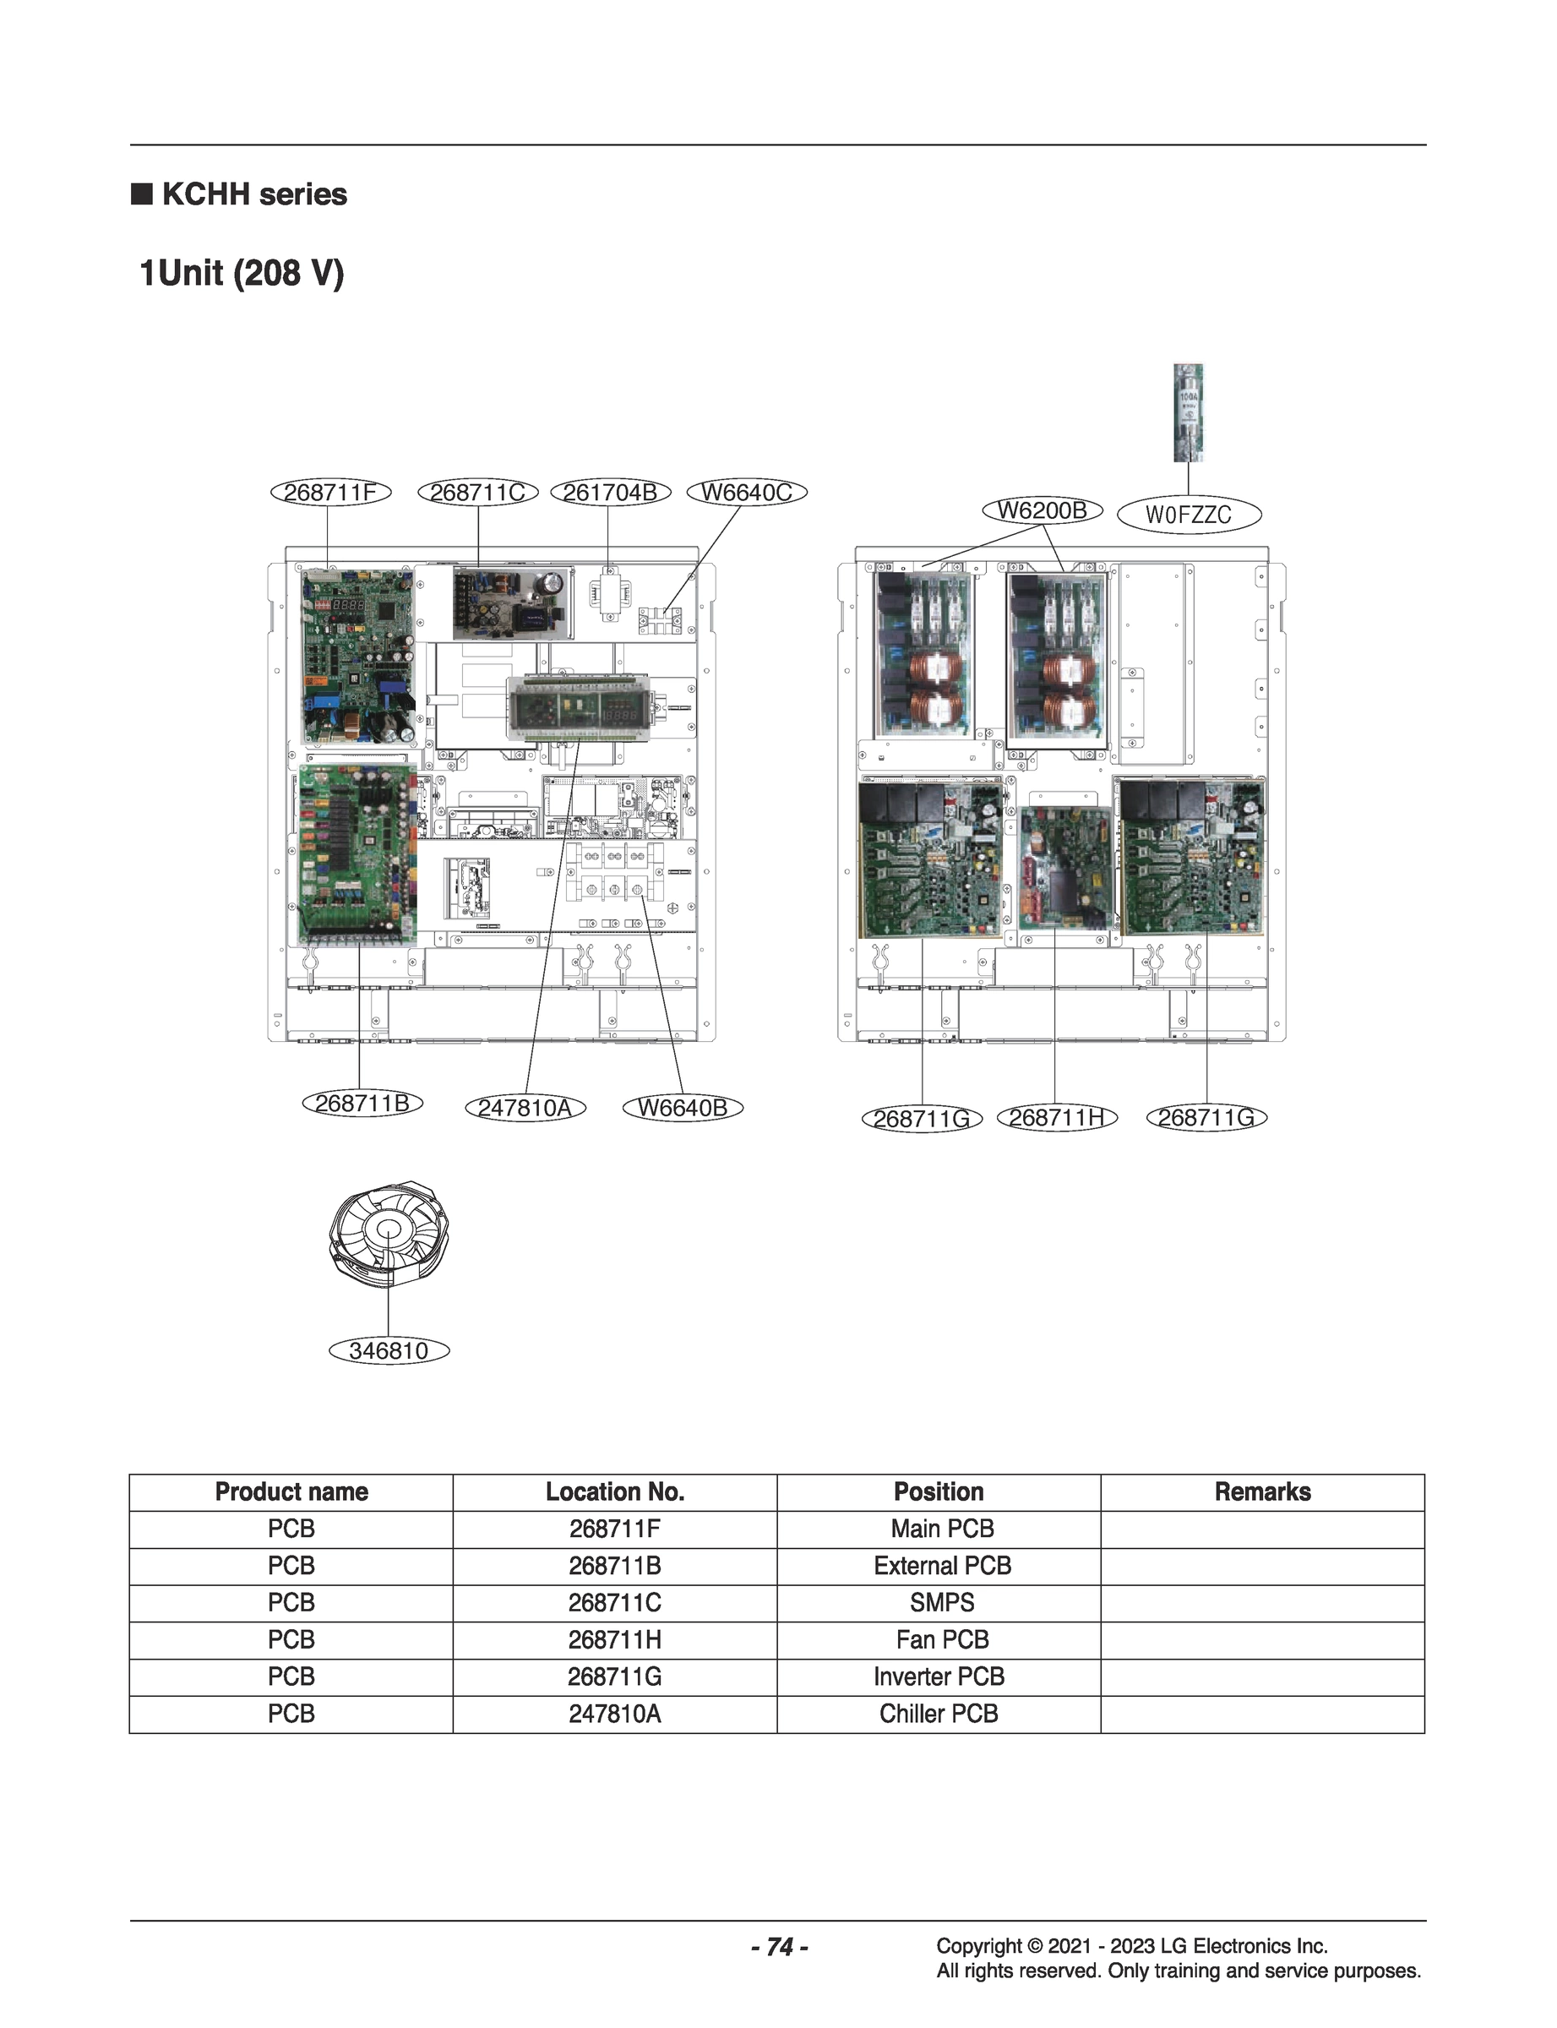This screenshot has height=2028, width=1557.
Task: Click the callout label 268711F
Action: (x=330, y=492)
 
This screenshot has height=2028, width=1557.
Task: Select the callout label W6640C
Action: (x=746, y=492)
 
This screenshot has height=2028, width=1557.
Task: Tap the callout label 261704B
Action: (x=610, y=492)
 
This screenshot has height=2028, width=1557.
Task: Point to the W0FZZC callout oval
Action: (x=1189, y=515)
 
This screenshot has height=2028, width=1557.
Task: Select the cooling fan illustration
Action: (x=388, y=1233)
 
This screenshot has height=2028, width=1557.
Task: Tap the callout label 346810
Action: (x=389, y=1350)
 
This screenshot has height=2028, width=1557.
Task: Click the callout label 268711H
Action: (x=1057, y=1118)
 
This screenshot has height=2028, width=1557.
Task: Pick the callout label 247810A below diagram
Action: (x=525, y=1108)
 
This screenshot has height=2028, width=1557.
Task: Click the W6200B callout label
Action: (x=1042, y=510)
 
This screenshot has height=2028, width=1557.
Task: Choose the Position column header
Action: (x=938, y=1491)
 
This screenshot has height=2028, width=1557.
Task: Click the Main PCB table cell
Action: (x=942, y=1529)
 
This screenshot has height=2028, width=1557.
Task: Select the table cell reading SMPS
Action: (x=942, y=1603)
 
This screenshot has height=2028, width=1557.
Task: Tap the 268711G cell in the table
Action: (x=614, y=1676)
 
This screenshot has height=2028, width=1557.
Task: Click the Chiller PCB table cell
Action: (x=938, y=1714)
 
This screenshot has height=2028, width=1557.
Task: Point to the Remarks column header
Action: (x=1262, y=1491)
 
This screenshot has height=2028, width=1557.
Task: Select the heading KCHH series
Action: (x=254, y=194)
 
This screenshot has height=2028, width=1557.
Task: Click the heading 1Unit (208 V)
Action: (x=241, y=274)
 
